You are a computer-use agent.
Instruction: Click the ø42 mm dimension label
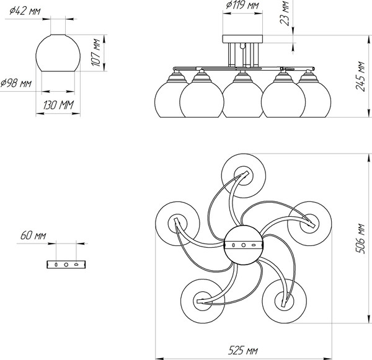[25, 11]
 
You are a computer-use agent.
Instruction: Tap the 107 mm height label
[96, 52]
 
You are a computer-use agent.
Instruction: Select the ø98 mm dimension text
[16, 83]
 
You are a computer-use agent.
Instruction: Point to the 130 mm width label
[59, 105]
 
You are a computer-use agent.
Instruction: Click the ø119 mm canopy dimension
[242, 5]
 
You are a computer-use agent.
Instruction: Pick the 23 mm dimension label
[285, 13]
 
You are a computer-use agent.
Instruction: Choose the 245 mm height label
[360, 76]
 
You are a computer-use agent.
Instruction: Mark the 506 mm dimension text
[360, 239]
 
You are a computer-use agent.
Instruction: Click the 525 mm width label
[243, 350]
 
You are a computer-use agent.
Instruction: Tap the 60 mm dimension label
[33, 235]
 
